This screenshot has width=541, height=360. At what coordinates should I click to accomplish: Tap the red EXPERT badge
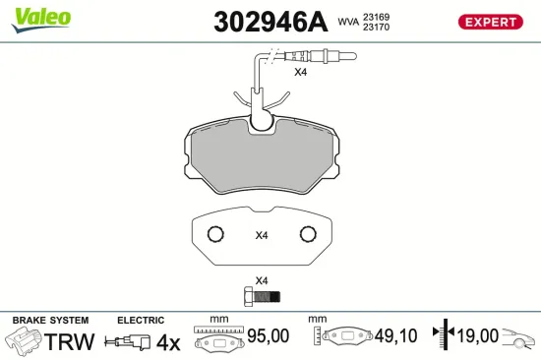[x=488, y=22]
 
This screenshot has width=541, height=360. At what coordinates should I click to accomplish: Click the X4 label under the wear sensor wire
[x=301, y=72]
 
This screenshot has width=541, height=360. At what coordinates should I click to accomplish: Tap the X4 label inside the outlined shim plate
[x=262, y=235]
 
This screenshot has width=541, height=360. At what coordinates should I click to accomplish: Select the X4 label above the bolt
[x=262, y=279]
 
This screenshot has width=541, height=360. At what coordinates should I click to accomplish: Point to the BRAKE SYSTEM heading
[x=49, y=321]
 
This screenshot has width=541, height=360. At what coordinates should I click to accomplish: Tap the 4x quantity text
[x=169, y=341]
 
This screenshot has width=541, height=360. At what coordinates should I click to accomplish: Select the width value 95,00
[x=267, y=336]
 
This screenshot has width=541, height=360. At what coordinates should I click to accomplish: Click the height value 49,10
[x=395, y=336]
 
